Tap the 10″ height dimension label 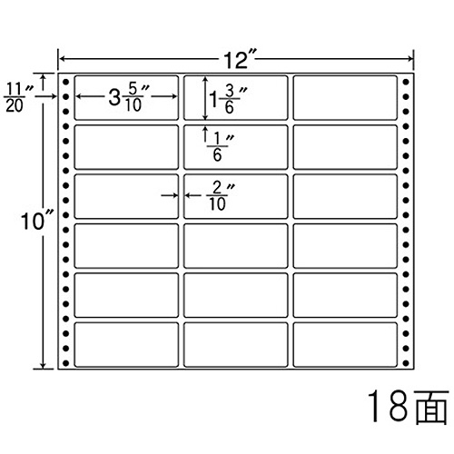coord(35,221)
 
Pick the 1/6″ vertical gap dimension coord(220,147)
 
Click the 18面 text coord(408,407)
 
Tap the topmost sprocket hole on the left coord(66,82)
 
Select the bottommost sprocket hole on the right coord(406,362)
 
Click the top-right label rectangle coord(345,97)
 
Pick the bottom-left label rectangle coord(126,345)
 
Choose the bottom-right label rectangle coord(345,345)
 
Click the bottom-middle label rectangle coord(235,345)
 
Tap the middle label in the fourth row coord(235,246)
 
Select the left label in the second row coord(126,147)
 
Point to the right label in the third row coord(345,196)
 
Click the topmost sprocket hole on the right coord(406,82)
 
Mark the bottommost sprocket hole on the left coord(66,362)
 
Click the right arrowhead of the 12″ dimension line coord(410,59)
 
